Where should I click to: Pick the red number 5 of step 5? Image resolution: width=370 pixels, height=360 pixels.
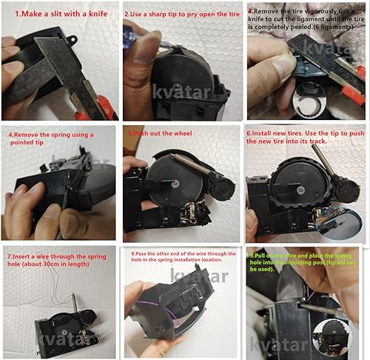(x=129, y=134)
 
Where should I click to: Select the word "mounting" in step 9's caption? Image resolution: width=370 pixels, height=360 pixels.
(x=295, y=264)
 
